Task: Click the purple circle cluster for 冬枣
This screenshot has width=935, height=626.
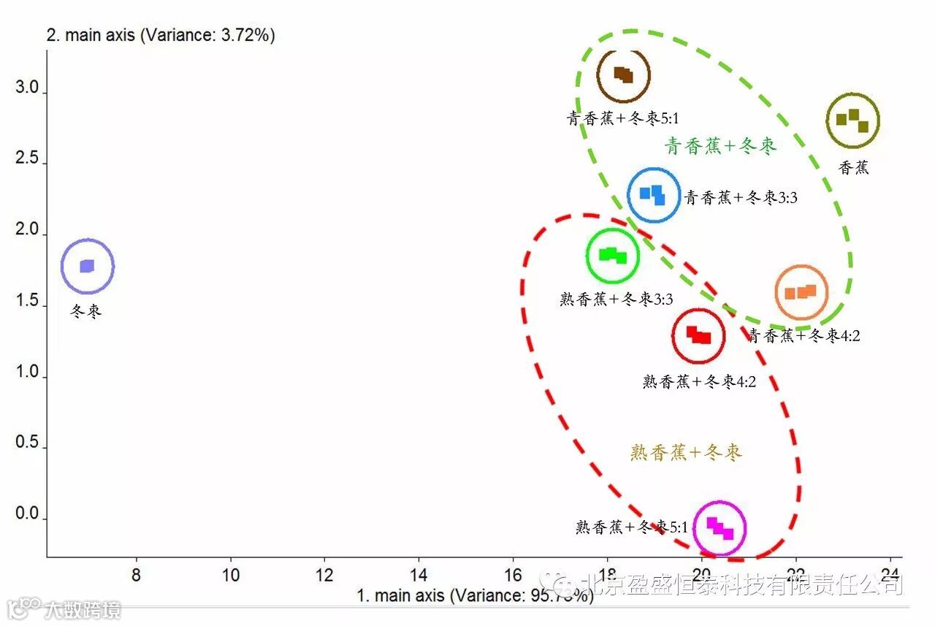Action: tap(88, 266)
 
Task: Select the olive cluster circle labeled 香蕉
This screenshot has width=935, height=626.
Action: tap(852, 120)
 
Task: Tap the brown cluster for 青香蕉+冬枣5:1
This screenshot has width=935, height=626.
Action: tap(623, 75)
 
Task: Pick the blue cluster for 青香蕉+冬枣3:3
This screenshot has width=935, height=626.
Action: tap(654, 195)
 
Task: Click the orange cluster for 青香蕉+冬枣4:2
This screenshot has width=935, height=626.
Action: tap(801, 292)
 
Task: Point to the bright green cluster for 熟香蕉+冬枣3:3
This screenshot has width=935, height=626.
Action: tap(613, 255)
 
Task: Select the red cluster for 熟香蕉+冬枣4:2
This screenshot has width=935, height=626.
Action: tap(698, 336)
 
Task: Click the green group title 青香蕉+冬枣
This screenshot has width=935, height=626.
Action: tap(720, 146)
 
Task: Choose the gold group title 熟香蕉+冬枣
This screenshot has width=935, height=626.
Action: tap(686, 453)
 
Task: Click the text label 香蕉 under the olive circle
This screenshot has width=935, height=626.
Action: tap(854, 167)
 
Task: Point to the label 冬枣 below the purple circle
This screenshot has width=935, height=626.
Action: tap(86, 311)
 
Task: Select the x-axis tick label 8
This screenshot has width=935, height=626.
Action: tap(136, 574)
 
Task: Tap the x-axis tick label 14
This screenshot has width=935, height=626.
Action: tap(419, 574)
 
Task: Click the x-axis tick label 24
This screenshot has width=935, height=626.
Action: tap(890, 574)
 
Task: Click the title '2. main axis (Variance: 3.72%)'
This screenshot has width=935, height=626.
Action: tap(161, 35)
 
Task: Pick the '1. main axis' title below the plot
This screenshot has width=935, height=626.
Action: tap(475, 595)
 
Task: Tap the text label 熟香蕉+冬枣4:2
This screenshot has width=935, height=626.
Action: tap(699, 381)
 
